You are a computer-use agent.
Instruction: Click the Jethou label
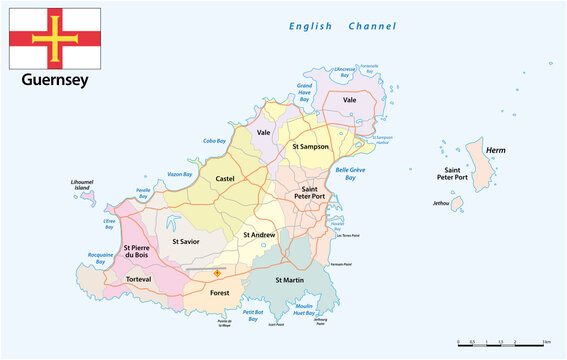point(441,203)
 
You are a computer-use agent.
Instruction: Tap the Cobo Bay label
point(215,141)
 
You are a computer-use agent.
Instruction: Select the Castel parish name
point(226,178)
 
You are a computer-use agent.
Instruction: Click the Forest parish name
point(219,293)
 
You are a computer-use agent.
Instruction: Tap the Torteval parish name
point(138,280)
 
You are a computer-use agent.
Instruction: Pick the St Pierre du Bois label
point(138,252)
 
